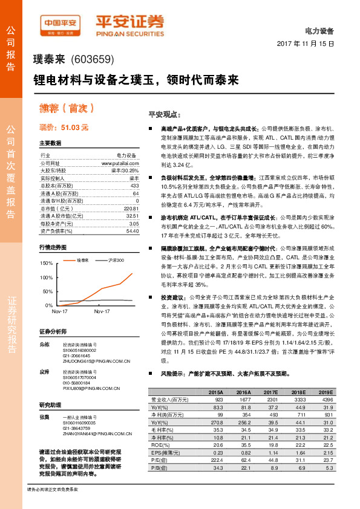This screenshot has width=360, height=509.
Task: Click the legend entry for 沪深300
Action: (x=116, y=260)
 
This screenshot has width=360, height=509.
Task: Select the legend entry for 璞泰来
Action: (x=82, y=260)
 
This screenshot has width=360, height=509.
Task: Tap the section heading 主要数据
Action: (x=50, y=143)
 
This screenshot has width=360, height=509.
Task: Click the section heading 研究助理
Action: (x=50, y=404)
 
